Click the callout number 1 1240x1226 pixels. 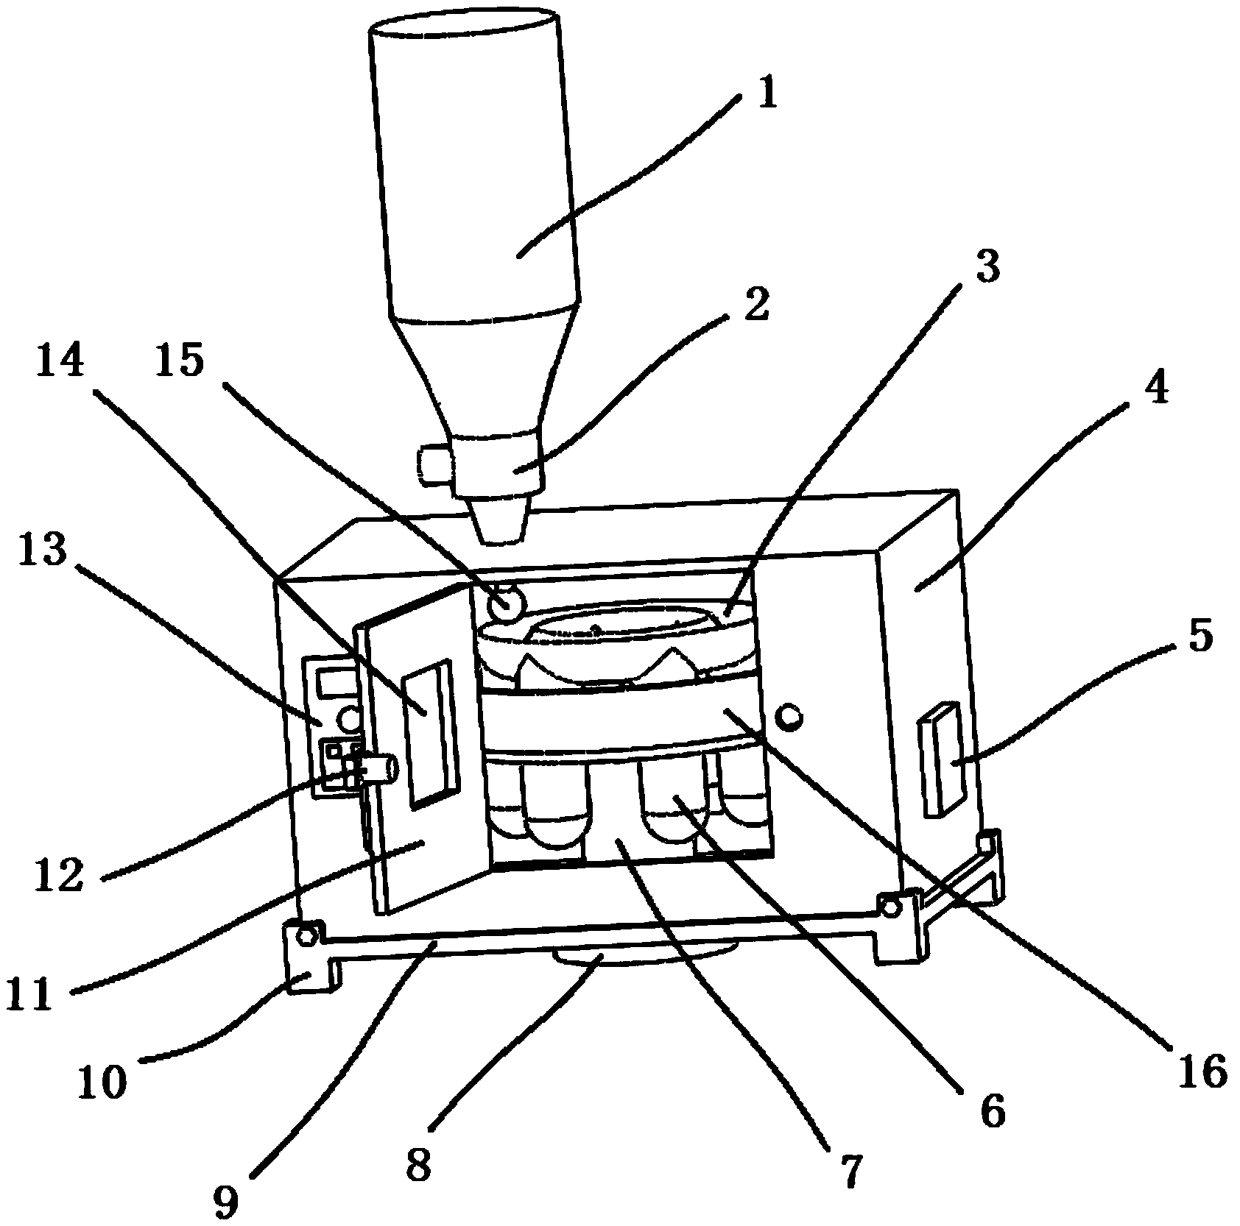[x=767, y=96]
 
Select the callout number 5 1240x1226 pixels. [x=1200, y=636]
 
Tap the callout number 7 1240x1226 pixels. [x=851, y=1170]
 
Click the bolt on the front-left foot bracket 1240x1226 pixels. [x=307, y=936]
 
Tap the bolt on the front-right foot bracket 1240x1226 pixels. [x=890, y=907]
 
